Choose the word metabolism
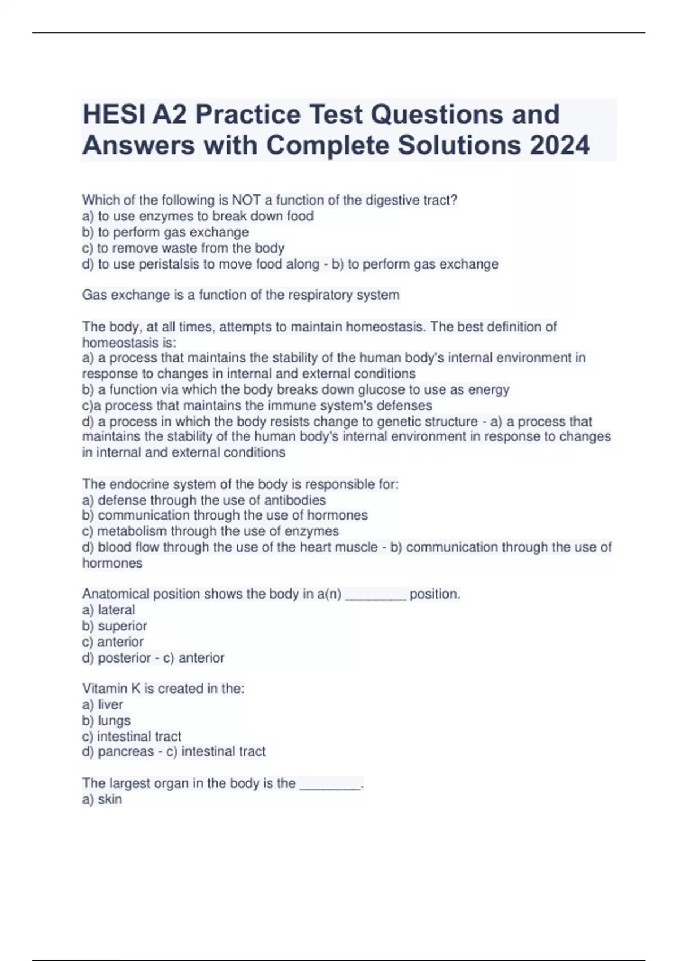(132, 531)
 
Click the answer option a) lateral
(108, 610)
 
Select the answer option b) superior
(115, 626)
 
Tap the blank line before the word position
(375, 595)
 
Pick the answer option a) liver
(102, 704)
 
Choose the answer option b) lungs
(106, 721)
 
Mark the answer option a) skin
(102, 799)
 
